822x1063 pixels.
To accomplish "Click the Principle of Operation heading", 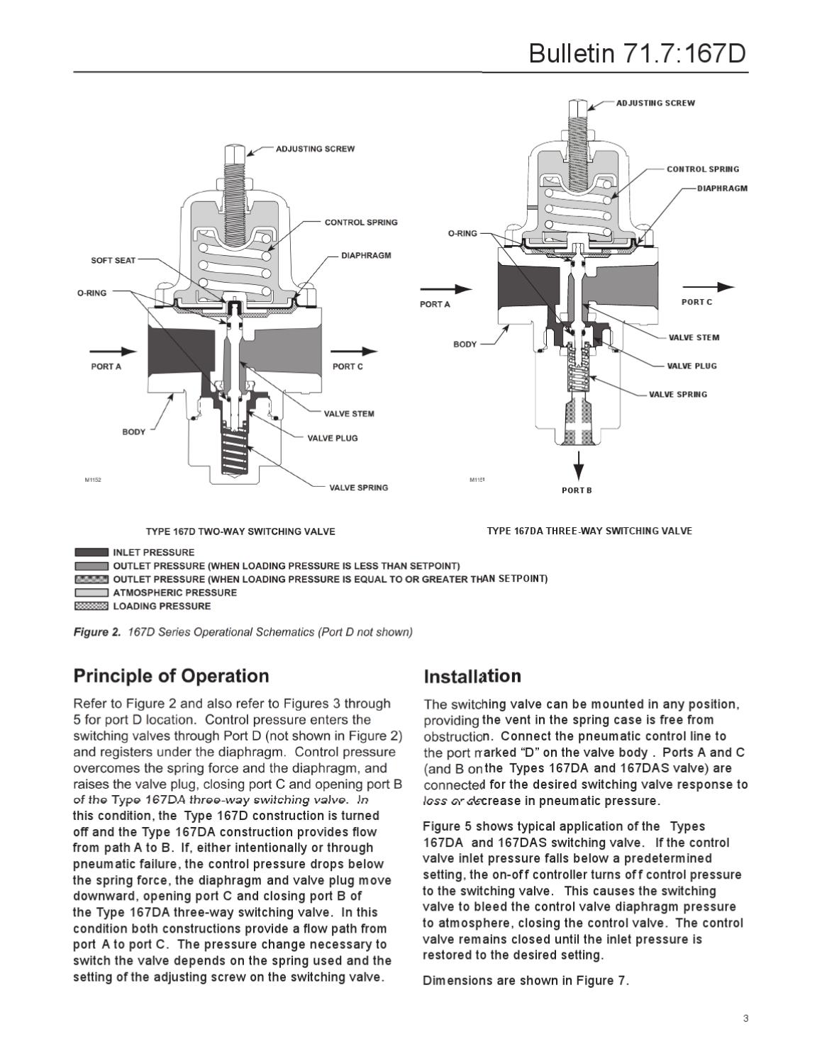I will point(171,676).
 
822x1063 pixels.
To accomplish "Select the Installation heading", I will point(472,677).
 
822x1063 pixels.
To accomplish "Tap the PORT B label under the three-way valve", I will point(577,490).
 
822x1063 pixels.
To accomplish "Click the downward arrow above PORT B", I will point(579,464).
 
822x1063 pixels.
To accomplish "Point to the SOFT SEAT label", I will point(113,261).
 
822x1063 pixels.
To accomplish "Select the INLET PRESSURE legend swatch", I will point(91,553).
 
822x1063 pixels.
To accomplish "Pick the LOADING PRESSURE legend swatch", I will point(91,607).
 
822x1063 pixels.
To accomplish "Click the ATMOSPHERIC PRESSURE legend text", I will point(174,592).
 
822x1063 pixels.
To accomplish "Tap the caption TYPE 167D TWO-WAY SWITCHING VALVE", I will point(240,531).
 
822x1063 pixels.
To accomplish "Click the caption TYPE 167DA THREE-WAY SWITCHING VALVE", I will point(589,531).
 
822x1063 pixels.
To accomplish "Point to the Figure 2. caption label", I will point(97,632).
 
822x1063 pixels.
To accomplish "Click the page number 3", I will point(745,1019).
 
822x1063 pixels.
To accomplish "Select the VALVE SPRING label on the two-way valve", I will point(358,488).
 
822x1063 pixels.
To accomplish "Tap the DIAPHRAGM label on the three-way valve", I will point(722,189).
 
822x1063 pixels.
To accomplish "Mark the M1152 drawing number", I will point(93,480).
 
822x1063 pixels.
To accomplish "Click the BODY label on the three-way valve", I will point(465,344).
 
